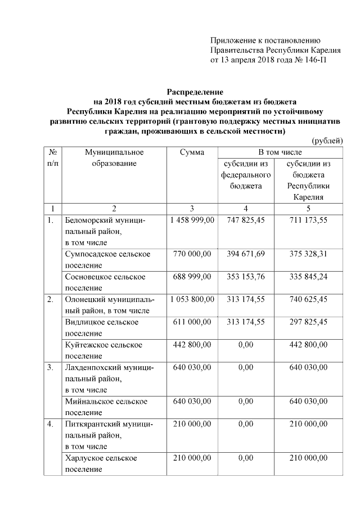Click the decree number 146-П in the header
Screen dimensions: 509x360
[314, 60]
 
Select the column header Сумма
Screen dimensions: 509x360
[192, 152]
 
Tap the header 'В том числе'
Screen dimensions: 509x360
[280, 152]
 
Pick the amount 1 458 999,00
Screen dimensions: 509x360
[192, 220]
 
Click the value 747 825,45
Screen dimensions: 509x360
[245, 220]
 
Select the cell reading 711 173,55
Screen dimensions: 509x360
[308, 220]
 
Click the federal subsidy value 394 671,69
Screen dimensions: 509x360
[245, 254]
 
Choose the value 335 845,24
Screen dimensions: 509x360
[308, 277]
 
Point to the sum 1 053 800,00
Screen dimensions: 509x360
[192, 299]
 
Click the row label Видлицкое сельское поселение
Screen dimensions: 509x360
[102, 327]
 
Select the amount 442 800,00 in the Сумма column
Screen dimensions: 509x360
[192, 344]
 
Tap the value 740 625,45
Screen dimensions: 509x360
[308, 299]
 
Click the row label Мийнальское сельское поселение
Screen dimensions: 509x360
[106, 407]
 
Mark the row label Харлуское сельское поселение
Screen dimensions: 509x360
[101, 463]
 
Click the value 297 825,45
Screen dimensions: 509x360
[308, 322]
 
